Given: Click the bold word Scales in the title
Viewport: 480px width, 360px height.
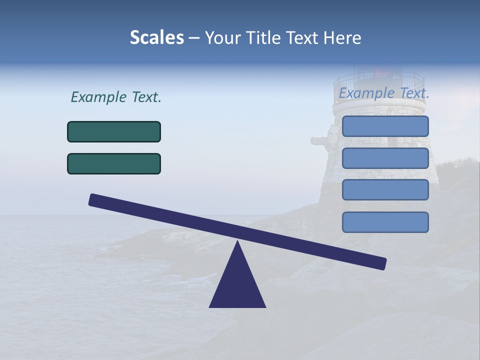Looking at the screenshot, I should (157, 38).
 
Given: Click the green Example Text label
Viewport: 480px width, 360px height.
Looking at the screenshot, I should (116, 97).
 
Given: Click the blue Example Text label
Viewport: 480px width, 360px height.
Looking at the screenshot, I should (384, 93).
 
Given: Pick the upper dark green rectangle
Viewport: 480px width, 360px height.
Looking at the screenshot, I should (114, 132).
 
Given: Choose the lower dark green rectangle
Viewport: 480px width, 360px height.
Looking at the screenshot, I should (114, 164).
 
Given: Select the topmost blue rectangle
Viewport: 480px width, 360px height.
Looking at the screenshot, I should (385, 126).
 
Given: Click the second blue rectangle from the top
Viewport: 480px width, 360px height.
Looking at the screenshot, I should (385, 158).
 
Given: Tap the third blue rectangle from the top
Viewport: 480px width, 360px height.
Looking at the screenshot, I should (385, 190).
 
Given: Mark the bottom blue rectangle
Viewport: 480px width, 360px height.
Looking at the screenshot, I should (385, 222).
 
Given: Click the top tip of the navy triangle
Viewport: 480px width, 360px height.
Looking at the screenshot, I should (237, 242).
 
